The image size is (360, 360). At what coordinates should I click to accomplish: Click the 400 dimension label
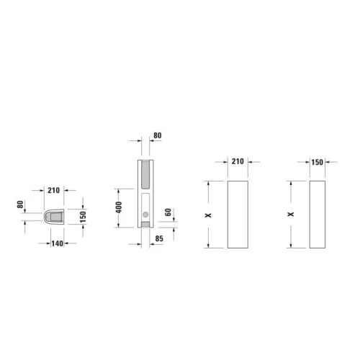pos(119,207)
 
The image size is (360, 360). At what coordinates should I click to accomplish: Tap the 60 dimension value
pos(168,212)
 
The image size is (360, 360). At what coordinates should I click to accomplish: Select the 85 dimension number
pos(159,238)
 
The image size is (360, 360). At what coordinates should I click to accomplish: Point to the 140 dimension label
pos(58,243)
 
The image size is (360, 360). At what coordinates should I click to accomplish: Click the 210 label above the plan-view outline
pos(53,190)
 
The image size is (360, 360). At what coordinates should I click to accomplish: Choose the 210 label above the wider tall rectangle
pos(238,161)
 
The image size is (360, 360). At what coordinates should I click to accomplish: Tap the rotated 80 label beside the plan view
pos(20,204)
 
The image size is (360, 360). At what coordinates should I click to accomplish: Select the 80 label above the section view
pos(158,135)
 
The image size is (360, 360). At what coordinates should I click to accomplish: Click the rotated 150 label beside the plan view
pos(83,217)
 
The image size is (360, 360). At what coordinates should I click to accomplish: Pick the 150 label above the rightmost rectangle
pos(317,163)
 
